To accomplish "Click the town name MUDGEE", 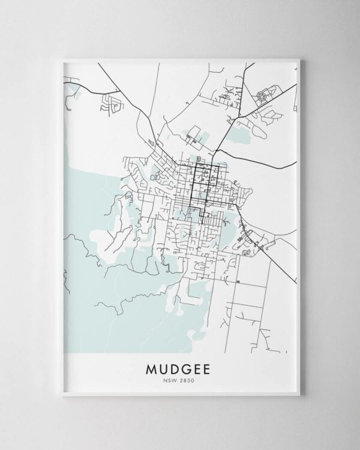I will (179, 367).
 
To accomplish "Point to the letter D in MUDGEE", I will (175, 367).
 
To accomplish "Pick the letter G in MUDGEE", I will (187, 367).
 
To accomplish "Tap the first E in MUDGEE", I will (198, 367).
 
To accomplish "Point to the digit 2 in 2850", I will (181, 379).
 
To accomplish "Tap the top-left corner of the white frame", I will (62, 58).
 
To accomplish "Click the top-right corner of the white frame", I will (302, 58).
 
